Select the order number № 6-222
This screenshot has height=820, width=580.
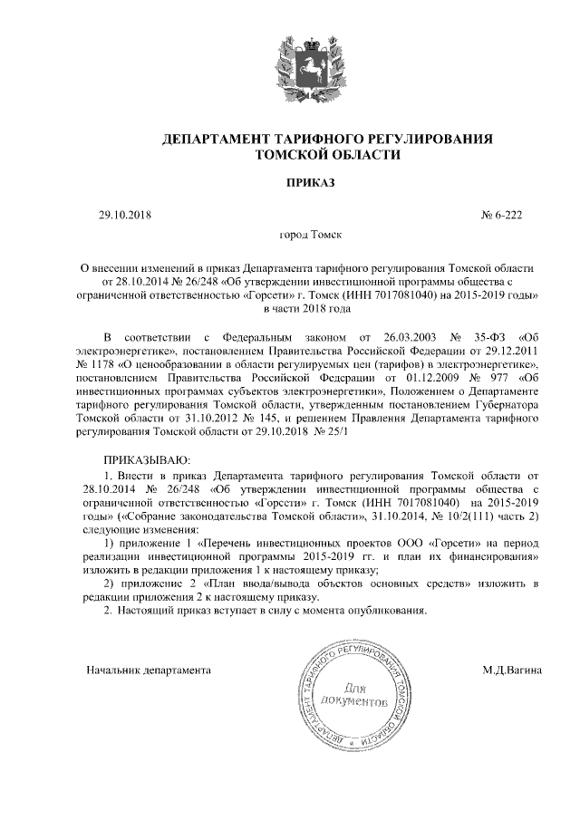click(500, 216)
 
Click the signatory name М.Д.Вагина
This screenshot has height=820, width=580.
click(512, 670)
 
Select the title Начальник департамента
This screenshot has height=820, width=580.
click(149, 670)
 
